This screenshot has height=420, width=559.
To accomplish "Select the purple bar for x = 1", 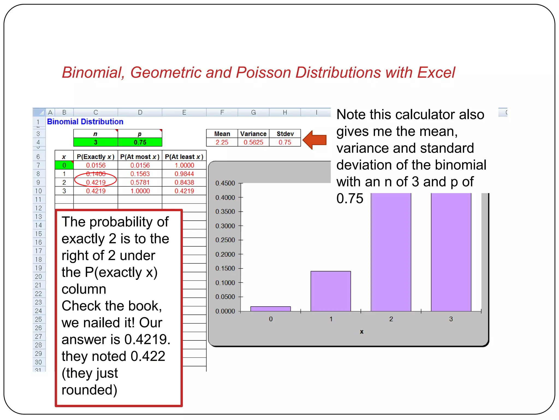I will tap(331, 291).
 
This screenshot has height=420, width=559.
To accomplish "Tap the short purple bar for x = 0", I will tap(270, 309).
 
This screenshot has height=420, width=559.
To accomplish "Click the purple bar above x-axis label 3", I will tap(451, 252).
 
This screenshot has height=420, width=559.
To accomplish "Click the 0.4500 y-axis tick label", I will tap(225, 183).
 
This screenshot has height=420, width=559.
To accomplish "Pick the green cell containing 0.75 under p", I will tap(140, 142).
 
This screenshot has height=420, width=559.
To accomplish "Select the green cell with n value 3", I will tap(96, 142).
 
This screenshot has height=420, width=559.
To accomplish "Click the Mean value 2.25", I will tap(222, 142).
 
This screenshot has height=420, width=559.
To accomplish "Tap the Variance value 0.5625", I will tap(253, 142).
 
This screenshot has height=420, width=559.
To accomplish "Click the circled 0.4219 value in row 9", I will tap(96, 182).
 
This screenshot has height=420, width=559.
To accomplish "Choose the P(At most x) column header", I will tap(140, 157).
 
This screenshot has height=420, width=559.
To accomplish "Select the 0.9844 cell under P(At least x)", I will tap(184, 174).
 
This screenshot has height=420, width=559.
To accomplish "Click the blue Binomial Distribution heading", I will tap(85, 122).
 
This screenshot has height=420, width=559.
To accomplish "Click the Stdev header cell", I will tap(285, 134).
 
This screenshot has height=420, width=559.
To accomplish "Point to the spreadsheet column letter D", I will tap(140, 112).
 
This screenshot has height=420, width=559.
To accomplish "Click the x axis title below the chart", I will tap(361, 332).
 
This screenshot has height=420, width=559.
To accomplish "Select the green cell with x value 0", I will tap(64, 165).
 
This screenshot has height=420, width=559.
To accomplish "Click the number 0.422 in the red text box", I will tap(148, 356).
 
